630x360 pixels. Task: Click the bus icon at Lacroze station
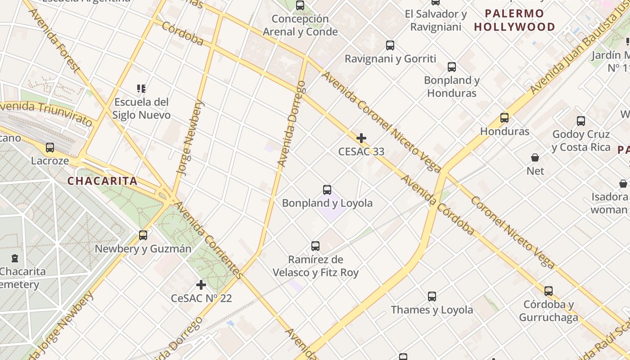50,147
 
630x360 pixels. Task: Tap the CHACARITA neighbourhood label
102,181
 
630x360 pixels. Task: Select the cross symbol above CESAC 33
361,138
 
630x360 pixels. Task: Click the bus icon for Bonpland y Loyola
327,189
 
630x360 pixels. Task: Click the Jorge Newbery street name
191,137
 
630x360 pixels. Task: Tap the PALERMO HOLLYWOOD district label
514,20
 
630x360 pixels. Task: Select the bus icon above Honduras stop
504,118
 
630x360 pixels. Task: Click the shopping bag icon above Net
535,157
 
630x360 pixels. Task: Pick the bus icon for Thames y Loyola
432,296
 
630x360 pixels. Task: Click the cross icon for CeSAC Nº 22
201,284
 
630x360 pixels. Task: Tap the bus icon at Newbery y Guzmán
143,235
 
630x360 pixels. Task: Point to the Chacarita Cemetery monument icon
15,258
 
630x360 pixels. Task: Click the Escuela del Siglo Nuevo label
141,108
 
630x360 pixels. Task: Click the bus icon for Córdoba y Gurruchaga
548,291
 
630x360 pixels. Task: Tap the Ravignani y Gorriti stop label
390,58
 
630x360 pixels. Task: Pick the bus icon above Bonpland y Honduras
452,67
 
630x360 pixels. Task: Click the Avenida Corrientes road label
209,241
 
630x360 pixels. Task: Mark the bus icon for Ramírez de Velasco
315,246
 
